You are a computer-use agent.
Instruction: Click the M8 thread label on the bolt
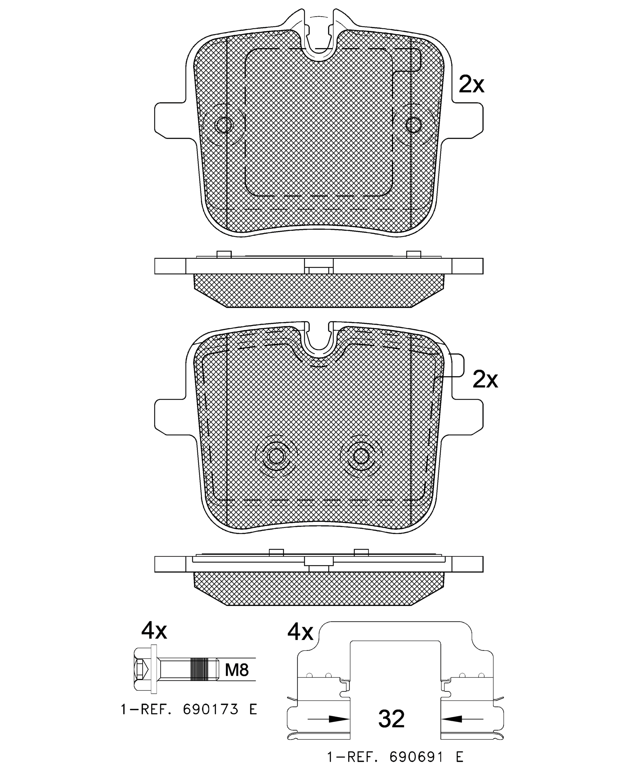click(237, 670)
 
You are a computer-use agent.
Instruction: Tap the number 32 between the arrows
click(391, 719)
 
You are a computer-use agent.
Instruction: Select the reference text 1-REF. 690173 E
click(189, 709)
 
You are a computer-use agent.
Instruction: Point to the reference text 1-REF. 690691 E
click(395, 757)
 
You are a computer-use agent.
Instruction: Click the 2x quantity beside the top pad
click(471, 85)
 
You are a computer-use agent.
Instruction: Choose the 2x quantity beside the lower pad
click(485, 379)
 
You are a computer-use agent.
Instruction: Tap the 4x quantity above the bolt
click(154, 631)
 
